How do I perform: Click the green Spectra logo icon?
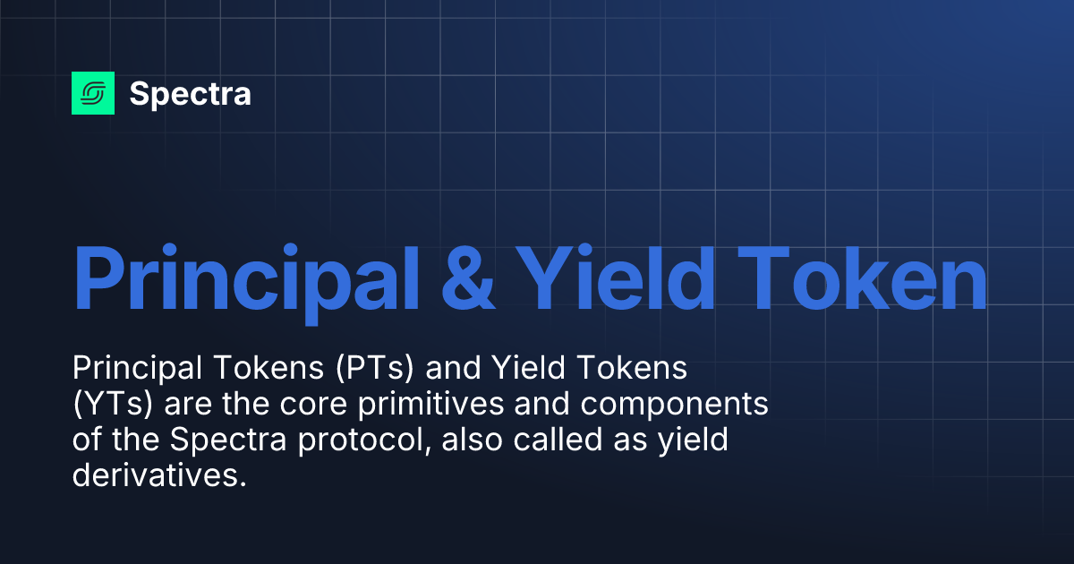[x=93, y=93]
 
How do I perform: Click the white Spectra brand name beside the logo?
[x=190, y=94]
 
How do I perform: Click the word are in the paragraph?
[x=189, y=405]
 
